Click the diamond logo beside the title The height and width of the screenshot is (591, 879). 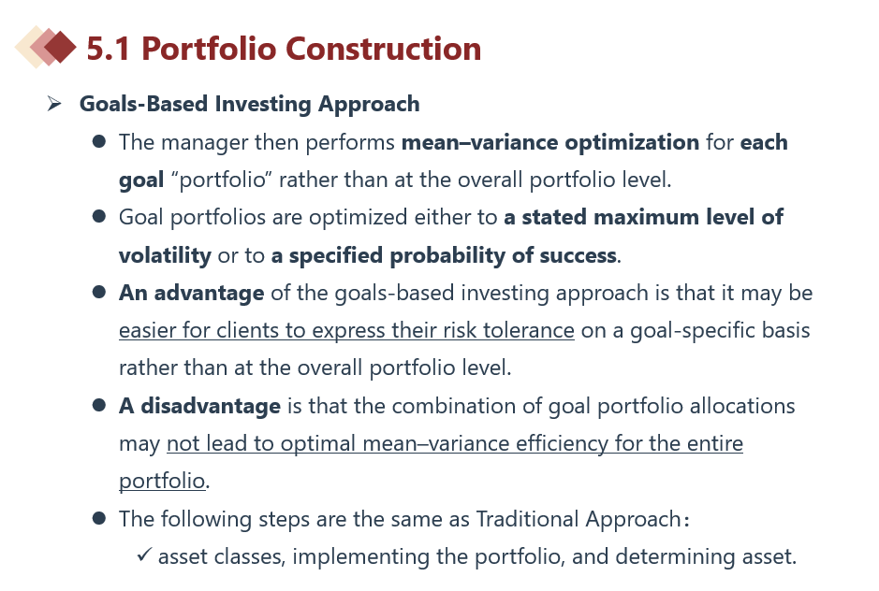coord(46,47)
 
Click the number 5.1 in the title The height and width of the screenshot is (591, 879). coord(109,49)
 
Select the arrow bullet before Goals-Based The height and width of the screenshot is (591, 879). coord(54,104)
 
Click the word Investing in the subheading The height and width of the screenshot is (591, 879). coord(263,105)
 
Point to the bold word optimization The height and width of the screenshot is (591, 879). coord(632,143)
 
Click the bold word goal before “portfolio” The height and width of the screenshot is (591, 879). coord(141,180)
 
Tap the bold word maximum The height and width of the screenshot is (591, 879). coord(646,217)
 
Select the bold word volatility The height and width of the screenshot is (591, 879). coord(165,256)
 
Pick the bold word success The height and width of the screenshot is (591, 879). coord(578,256)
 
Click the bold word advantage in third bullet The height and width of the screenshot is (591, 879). coord(209,294)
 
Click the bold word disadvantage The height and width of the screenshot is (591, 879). coord(211,406)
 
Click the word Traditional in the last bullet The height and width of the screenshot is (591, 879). coord(528,519)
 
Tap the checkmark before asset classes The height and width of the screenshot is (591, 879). coord(144,555)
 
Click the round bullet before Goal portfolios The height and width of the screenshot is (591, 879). coord(99,216)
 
